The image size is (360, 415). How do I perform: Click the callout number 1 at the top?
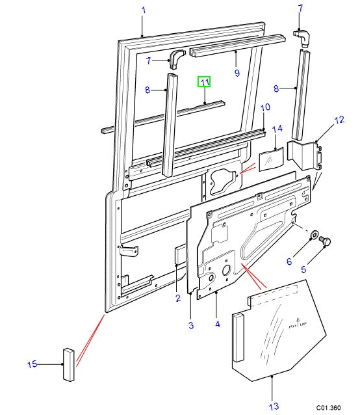144,10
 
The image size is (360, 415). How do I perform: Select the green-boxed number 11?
205,82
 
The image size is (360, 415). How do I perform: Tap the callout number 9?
237,72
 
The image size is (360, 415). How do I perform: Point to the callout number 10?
265,107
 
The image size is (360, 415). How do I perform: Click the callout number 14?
276,129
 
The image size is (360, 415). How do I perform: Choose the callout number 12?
339,120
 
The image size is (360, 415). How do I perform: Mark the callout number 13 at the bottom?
274,406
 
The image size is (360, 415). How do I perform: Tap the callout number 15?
32,364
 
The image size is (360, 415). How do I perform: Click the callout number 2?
177,299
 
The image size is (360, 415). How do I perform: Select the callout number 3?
191,325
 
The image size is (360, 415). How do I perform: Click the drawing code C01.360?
329,407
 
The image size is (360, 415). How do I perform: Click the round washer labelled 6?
314,235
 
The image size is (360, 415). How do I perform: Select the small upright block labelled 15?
69,363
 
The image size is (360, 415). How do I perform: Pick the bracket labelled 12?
305,157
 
